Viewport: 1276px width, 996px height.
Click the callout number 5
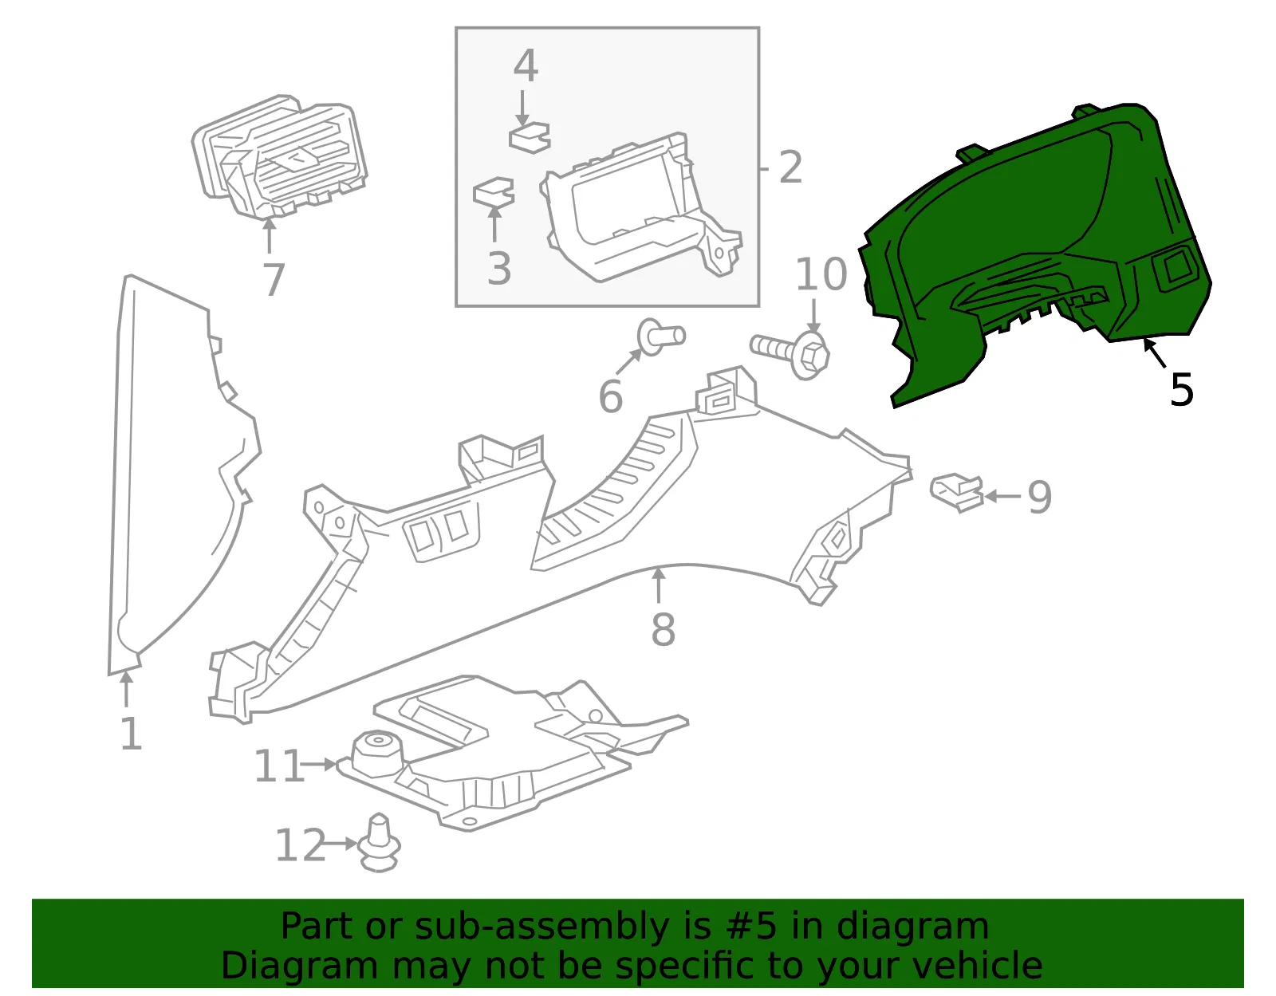point(1181,390)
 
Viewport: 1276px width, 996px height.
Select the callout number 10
point(821,274)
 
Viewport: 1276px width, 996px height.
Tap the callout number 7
point(274,280)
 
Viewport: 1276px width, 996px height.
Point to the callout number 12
point(300,845)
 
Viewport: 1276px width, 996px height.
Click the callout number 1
point(132,734)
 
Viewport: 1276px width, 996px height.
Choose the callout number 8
point(663,629)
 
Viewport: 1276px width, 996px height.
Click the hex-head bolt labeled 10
point(790,352)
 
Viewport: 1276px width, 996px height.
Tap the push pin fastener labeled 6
point(661,337)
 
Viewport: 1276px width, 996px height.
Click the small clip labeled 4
point(530,137)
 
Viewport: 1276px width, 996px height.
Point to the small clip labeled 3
point(494,192)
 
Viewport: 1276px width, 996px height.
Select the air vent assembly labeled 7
point(279,157)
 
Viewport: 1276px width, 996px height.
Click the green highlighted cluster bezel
point(1034,246)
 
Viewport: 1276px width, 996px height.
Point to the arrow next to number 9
point(1003,497)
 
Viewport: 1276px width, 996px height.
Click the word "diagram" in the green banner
point(912,926)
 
